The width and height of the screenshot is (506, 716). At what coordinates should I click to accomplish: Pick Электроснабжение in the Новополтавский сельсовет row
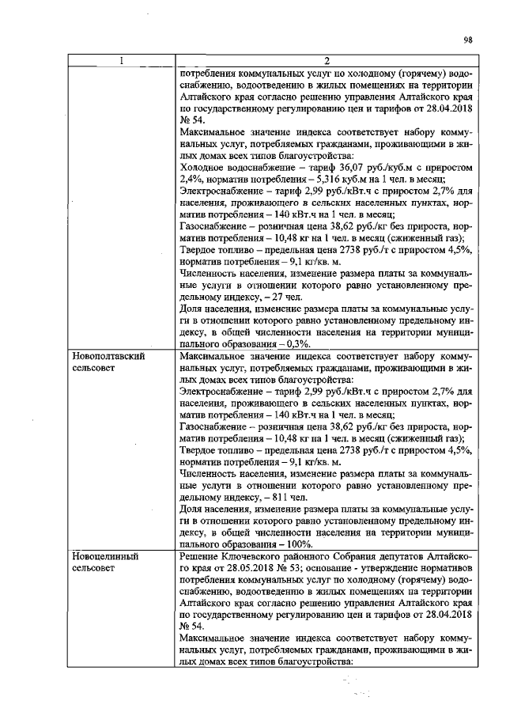click(225, 390)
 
